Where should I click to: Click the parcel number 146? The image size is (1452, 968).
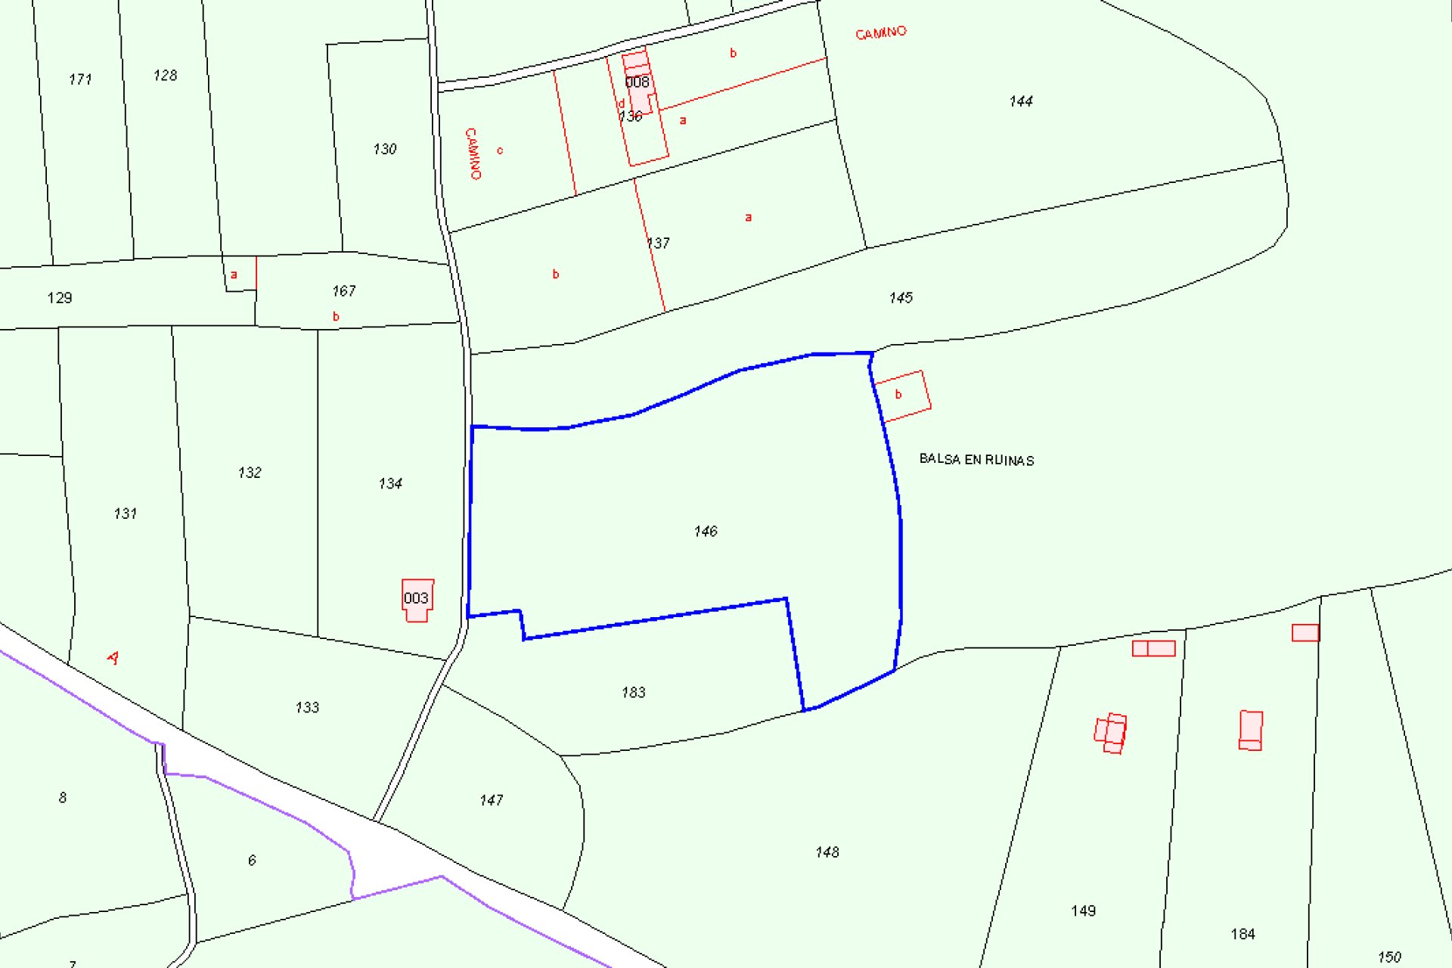706,532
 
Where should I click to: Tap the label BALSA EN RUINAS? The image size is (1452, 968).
976,460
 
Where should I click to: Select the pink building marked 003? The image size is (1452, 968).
417,599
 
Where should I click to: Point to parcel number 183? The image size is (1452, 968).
634,692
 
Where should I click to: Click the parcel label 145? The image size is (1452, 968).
901,298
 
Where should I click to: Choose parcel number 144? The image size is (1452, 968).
1021,101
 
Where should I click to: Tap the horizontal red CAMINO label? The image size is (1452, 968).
880,33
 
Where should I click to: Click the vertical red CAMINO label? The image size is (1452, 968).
473,154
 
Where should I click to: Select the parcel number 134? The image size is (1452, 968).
390,483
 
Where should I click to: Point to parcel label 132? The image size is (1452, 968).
250,473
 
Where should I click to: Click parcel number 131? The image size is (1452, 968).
126,513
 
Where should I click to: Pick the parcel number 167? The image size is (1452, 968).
344,291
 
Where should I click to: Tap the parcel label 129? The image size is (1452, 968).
60,298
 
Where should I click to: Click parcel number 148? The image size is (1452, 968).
827,852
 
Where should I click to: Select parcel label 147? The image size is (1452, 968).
492,800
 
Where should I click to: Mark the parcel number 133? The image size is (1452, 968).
307,708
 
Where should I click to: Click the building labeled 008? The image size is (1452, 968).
638,82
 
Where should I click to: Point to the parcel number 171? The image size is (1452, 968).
80,79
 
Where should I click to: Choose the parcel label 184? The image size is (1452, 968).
1243,934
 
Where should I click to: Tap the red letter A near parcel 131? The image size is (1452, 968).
113,658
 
